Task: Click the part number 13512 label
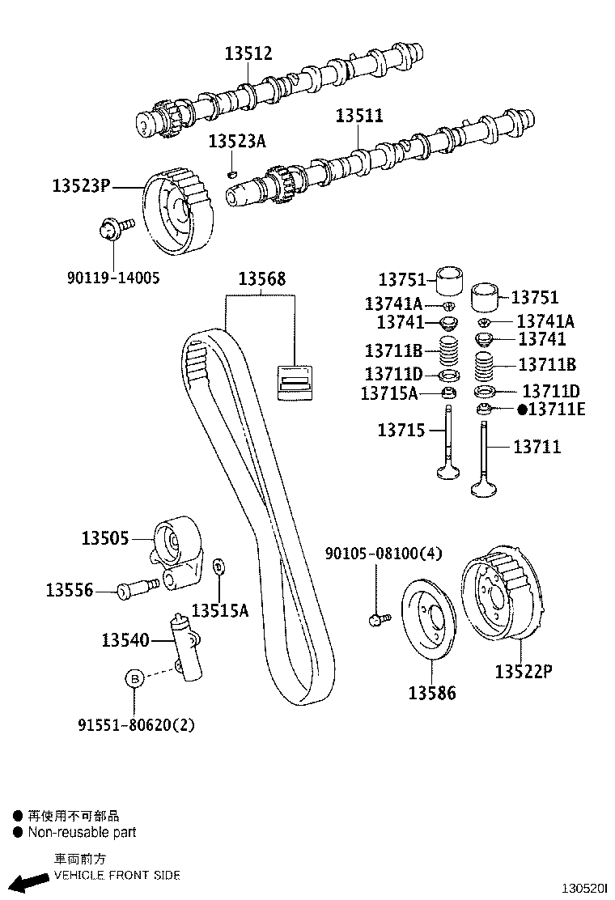[x=248, y=54]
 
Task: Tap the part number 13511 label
[x=359, y=116]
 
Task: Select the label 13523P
[x=81, y=185]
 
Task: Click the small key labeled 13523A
[x=231, y=172]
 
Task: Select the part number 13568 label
[x=261, y=280]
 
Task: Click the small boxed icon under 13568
[x=295, y=381]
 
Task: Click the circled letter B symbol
[x=134, y=678]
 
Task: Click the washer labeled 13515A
[x=218, y=567]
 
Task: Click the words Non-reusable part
[x=82, y=832]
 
